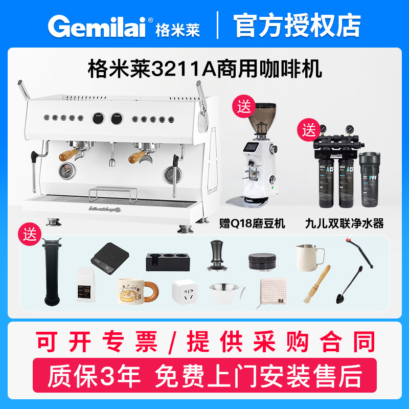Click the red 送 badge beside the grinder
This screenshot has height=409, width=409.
(x=243, y=107)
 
